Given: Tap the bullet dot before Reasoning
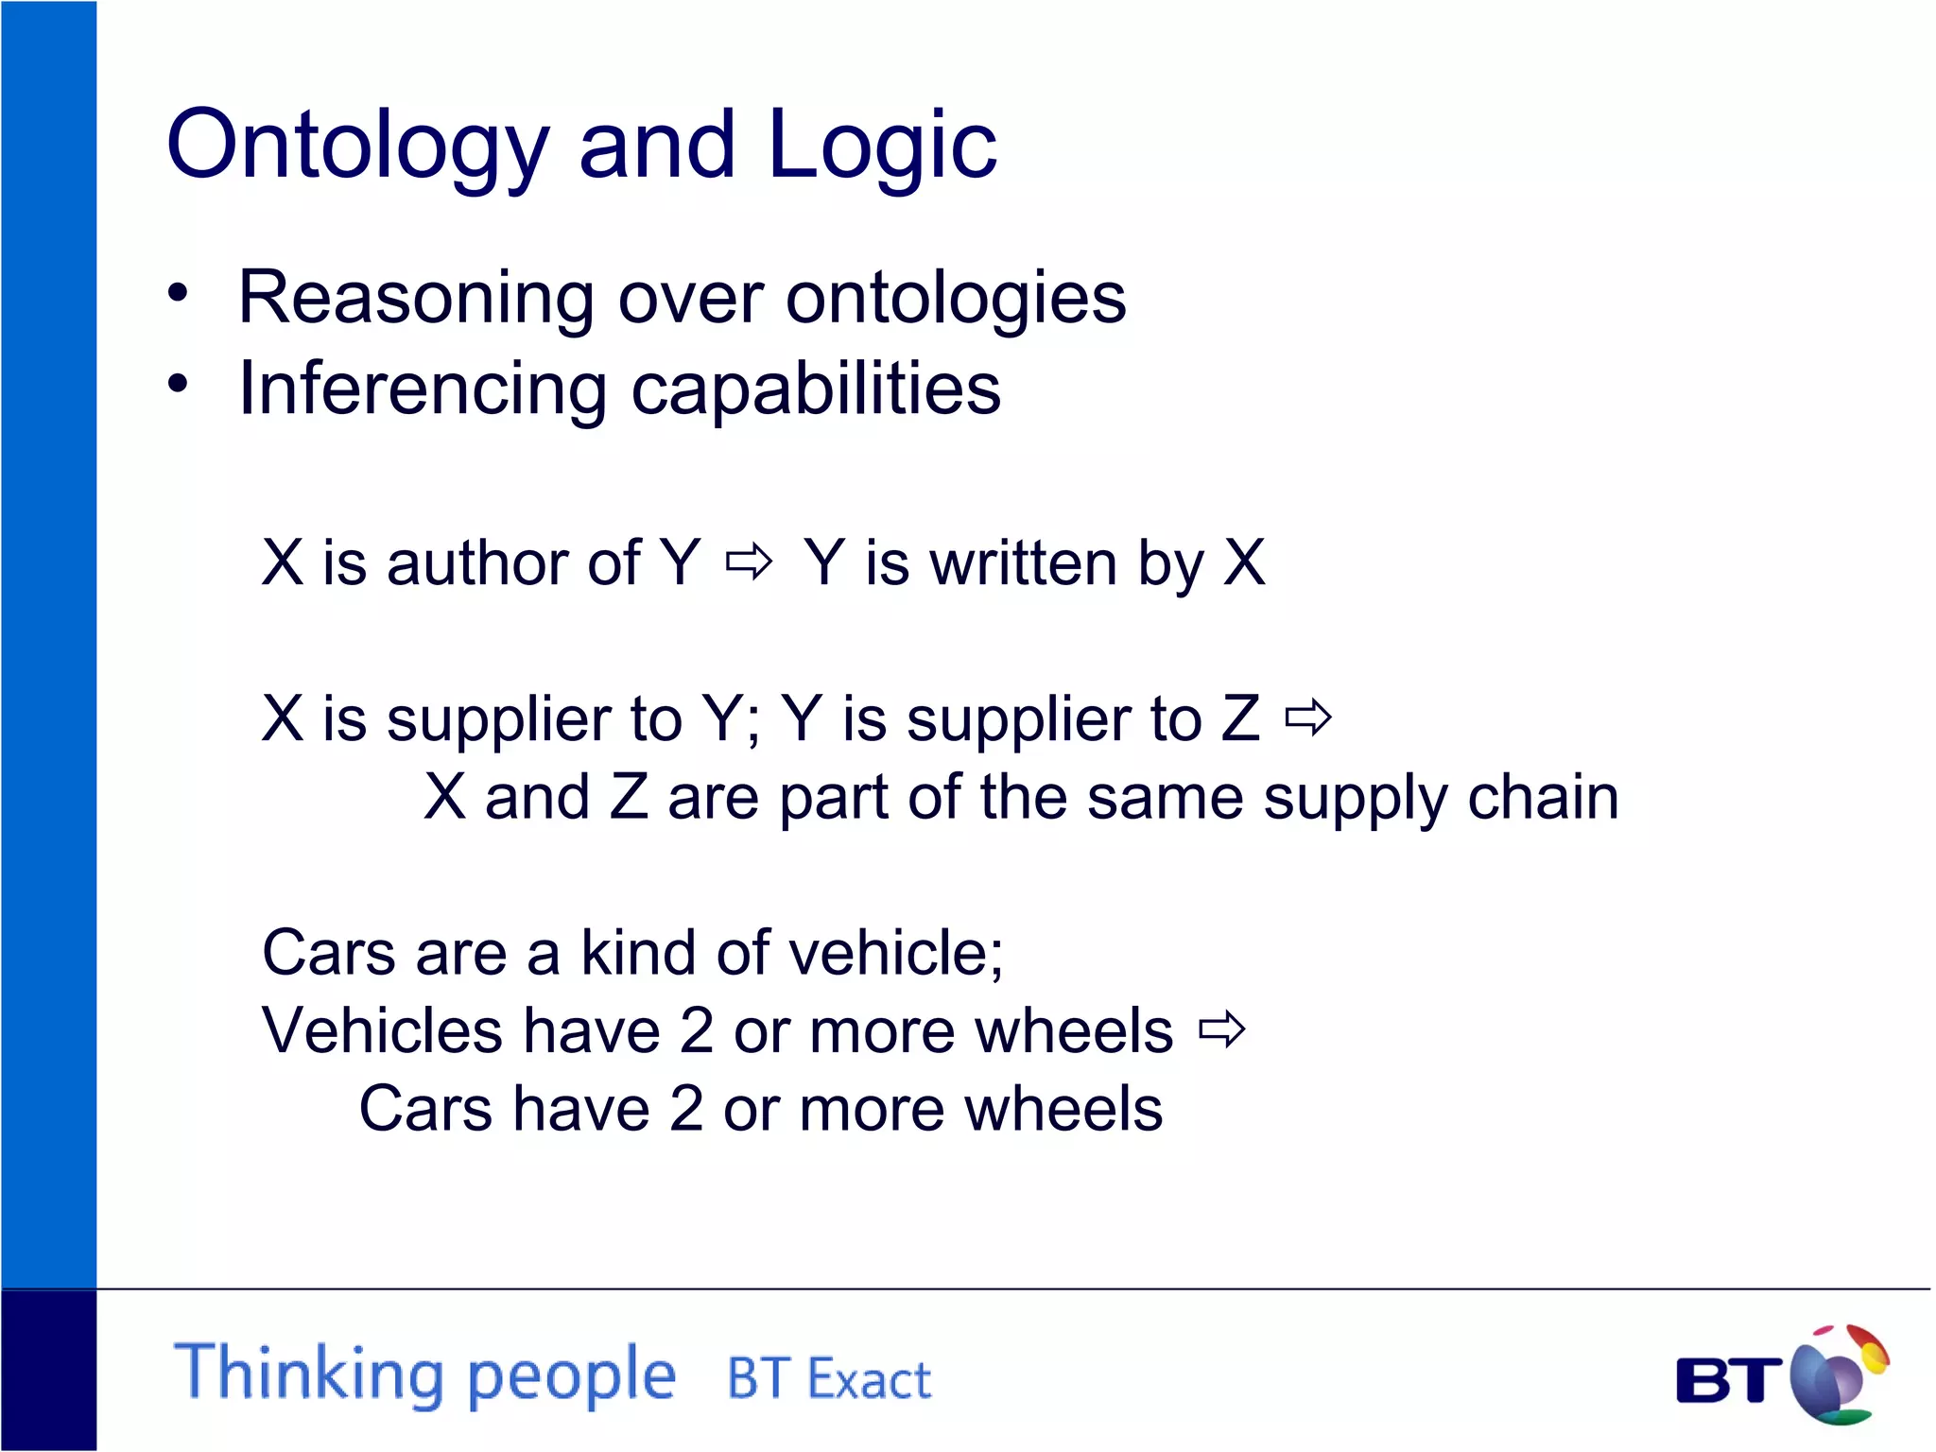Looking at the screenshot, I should pyautogui.click(x=178, y=294).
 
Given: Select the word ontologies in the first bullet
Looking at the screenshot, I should pyautogui.click(x=956, y=298).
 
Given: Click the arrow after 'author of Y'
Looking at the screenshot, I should pyautogui.click(x=749, y=562).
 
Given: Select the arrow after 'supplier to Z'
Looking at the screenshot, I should pyautogui.click(x=1308, y=719).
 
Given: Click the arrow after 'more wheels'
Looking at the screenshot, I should pyautogui.click(x=1222, y=1030).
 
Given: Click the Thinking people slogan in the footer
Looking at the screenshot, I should pyautogui.click(x=425, y=1374).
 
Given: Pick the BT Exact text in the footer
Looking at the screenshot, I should pyautogui.click(x=829, y=1378).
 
